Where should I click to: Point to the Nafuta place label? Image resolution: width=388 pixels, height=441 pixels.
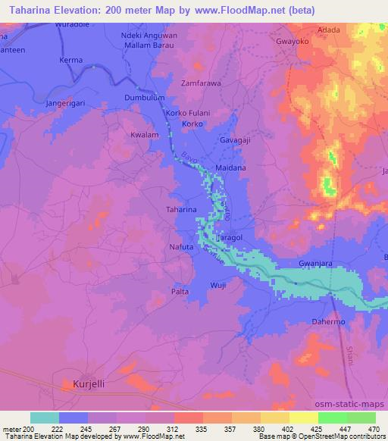[x=183, y=247]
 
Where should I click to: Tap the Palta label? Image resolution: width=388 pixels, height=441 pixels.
[x=180, y=291]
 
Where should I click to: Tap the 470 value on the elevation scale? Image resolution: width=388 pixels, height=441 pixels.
[x=374, y=429]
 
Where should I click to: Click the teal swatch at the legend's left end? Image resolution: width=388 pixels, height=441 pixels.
[x=45, y=418]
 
